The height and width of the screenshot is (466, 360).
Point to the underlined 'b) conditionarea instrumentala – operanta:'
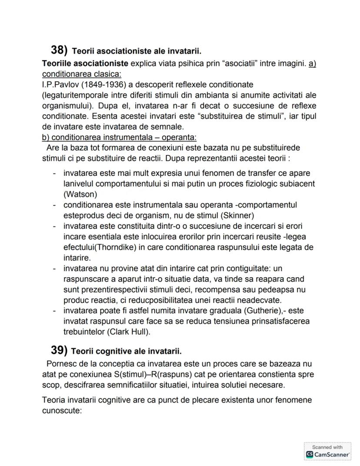(119, 137)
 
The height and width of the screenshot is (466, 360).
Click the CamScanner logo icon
(310, 454)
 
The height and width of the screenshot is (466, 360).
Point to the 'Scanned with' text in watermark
(327, 447)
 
